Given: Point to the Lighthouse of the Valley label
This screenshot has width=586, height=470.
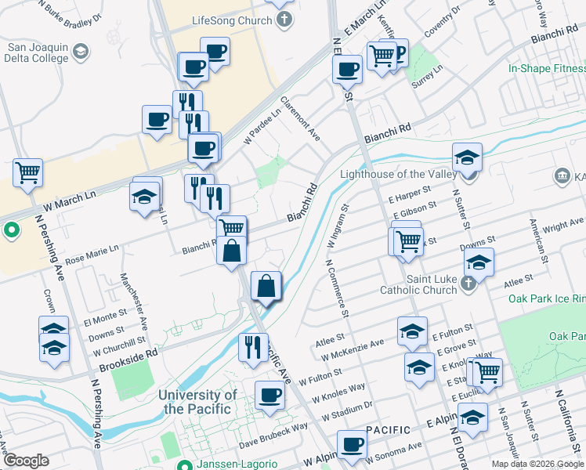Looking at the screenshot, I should [397, 175].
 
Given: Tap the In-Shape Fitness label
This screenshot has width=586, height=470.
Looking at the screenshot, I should [547, 68].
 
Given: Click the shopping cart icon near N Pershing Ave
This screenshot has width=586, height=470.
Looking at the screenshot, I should [28, 172].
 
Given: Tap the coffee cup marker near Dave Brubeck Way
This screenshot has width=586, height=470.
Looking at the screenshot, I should [270, 395].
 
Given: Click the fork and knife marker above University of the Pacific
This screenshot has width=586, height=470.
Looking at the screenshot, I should [252, 346].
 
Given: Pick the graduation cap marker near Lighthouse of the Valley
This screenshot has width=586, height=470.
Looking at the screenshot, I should [467, 158].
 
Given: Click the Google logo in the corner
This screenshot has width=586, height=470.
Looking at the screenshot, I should [27, 461].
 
